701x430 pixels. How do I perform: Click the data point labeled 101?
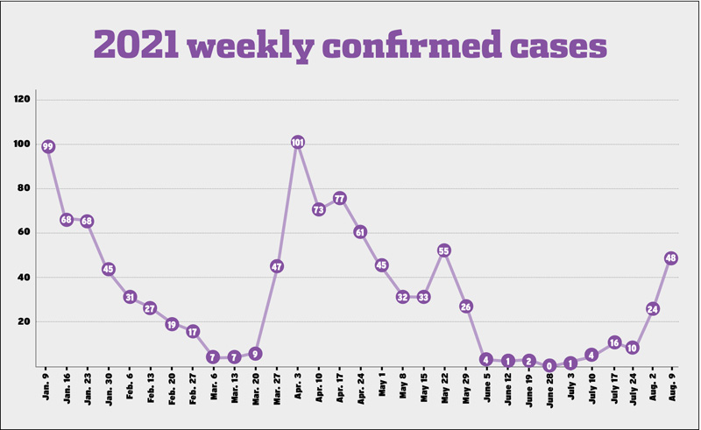click(297, 143)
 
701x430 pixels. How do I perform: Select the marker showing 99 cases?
click(49, 146)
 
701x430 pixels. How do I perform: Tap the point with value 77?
click(339, 199)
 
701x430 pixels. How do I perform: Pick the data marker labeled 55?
click(444, 251)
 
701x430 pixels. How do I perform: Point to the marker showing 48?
click(672, 258)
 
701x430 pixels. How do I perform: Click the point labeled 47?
click(277, 266)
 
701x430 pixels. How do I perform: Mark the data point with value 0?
click(549, 366)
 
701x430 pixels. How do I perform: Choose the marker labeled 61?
click(360, 232)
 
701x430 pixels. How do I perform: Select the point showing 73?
click(318, 209)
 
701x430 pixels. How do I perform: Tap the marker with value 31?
click(130, 297)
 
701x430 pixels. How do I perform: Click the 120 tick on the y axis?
click(23, 100)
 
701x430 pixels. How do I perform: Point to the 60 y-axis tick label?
click(25, 233)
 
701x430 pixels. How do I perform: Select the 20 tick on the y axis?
click(25, 321)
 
